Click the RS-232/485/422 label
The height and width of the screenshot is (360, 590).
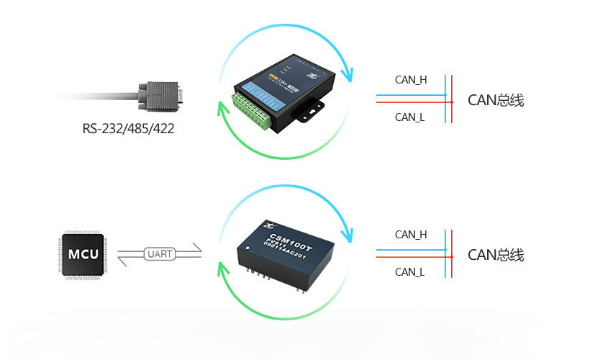[x=128, y=130]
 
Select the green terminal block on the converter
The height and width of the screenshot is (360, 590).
[x=253, y=112]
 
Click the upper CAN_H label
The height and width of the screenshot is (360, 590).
[x=411, y=80]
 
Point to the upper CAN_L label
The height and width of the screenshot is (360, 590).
[x=410, y=117]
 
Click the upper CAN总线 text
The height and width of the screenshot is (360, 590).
[x=496, y=100]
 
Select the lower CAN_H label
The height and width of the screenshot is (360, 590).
[x=411, y=235]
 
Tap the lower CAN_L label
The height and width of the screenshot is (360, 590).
[x=410, y=271]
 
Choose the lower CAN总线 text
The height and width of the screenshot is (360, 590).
[x=496, y=255]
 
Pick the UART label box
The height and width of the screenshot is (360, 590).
[x=160, y=254]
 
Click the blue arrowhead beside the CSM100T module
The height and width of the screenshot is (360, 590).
[x=350, y=234]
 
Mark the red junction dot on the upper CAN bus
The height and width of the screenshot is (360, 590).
[x=452, y=102]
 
